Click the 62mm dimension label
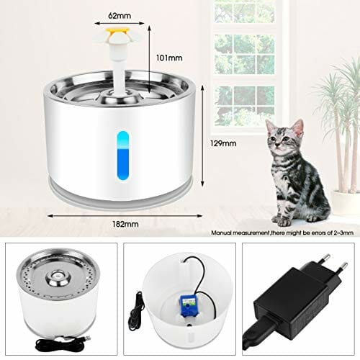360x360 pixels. point(120,16)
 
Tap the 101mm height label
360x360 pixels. point(169,58)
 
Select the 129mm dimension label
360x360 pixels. point(223,143)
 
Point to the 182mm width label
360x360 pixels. point(125,224)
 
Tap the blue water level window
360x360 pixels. point(123,156)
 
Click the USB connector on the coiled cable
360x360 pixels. point(87,338)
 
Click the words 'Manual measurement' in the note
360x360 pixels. point(240,233)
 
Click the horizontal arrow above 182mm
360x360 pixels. point(125,216)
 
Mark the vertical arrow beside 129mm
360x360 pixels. point(202,136)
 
